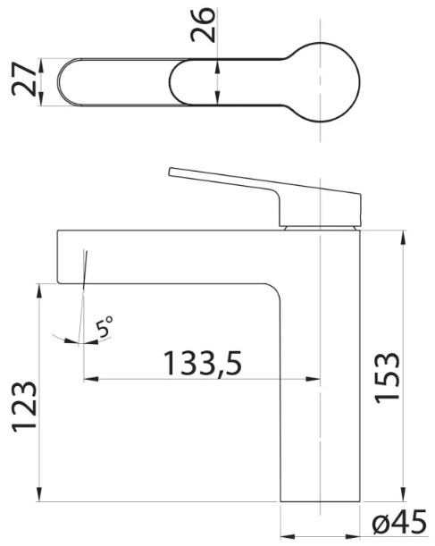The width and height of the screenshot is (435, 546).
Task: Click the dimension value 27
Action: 24,80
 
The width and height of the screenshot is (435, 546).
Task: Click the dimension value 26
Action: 204,25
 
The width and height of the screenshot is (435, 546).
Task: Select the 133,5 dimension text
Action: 204,363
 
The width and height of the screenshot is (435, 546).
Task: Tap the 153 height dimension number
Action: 387,378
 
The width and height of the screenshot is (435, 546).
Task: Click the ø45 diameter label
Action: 399,522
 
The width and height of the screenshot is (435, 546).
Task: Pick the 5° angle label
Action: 105,326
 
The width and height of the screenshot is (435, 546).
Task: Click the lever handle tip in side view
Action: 171,172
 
